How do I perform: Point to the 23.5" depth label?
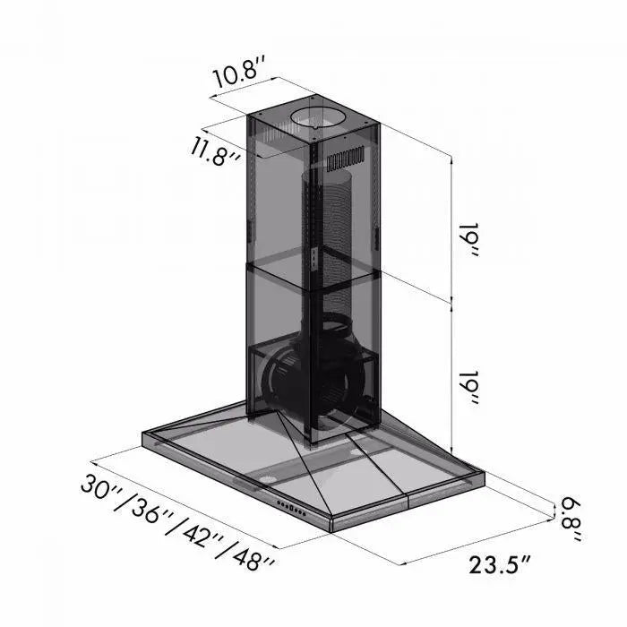coord(500,564)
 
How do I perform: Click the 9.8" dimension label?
coord(570,518)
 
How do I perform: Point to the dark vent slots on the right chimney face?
coord(348,162)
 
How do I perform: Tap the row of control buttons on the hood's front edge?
coord(295,509)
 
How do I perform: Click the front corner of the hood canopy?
coord(332,524)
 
